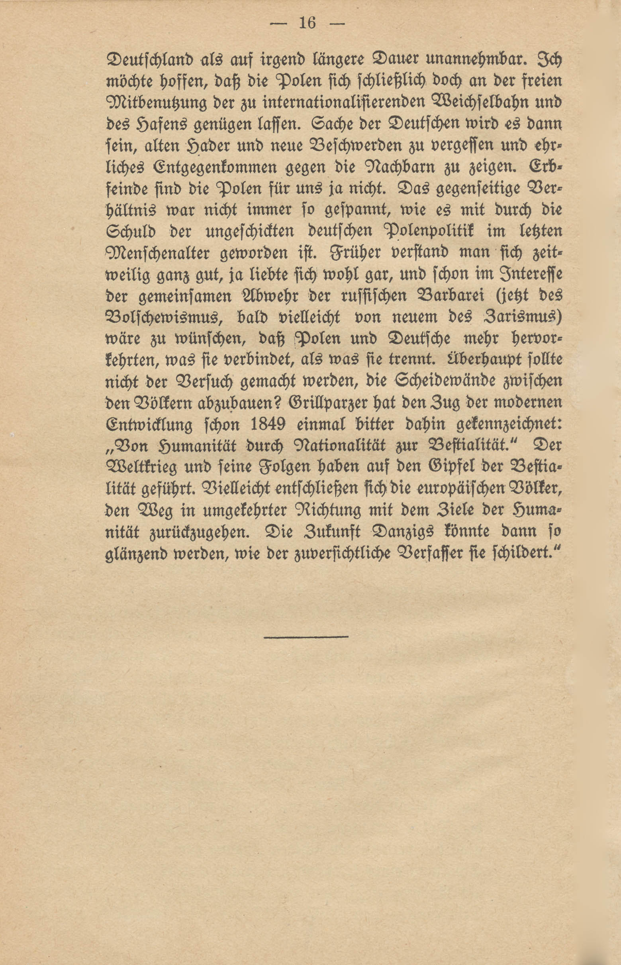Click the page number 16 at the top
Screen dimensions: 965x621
(307, 24)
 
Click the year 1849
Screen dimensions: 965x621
(268, 424)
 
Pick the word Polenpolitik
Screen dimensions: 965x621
(429, 232)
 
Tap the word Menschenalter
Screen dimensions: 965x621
(158, 254)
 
